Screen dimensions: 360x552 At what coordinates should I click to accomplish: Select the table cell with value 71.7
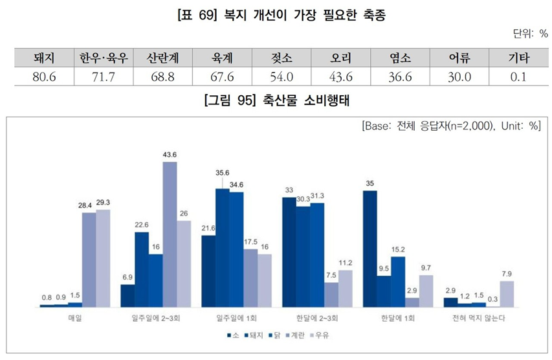104,76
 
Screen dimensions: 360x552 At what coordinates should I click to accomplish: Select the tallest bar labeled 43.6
170,234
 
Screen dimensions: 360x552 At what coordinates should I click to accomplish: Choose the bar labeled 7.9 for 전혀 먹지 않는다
507,293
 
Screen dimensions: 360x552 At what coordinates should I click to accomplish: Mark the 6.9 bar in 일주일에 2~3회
127,295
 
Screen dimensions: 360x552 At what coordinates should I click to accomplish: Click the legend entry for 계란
295,335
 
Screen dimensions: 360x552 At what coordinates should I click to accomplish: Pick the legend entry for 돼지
249,335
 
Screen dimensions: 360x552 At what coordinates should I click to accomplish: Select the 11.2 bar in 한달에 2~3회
346,288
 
